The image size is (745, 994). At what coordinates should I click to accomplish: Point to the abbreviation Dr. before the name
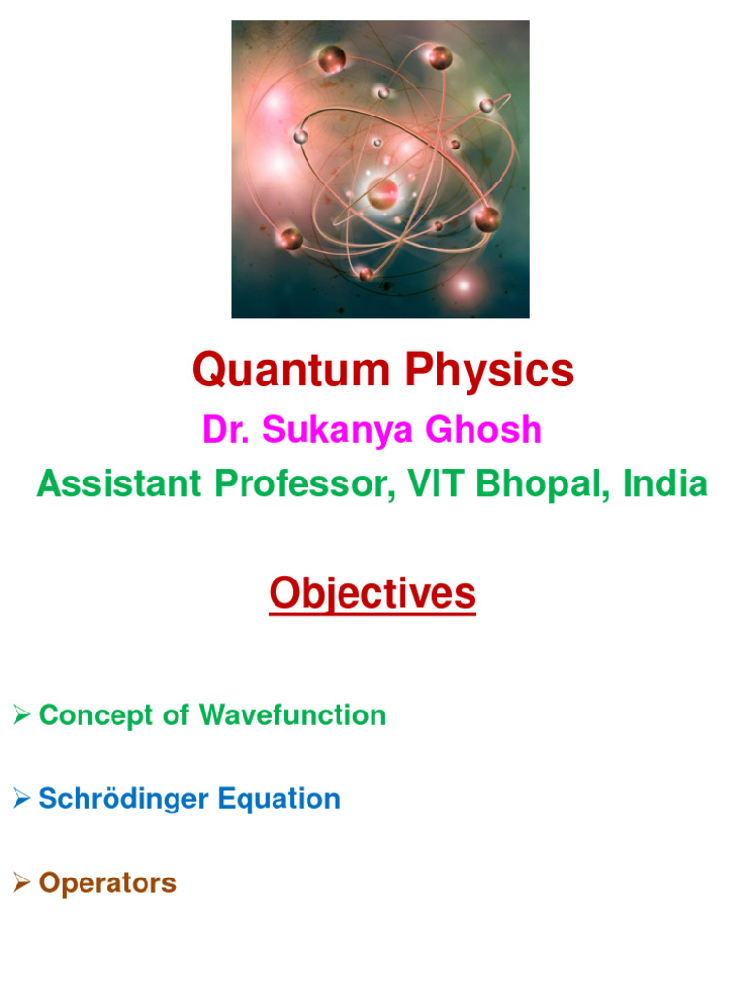point(222,429)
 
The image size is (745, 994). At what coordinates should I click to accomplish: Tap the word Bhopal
point(538,483)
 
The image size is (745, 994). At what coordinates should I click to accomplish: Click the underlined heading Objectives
point(372,593)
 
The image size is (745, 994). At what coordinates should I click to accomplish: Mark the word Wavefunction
point(292,715)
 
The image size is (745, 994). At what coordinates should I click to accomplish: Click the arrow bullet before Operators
point(21,882)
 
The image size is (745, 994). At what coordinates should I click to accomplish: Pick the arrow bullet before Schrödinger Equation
point(21,798)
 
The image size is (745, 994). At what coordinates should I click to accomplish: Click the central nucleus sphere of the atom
point(382,191)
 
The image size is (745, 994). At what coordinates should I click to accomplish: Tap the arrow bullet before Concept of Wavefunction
point(21,714)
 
